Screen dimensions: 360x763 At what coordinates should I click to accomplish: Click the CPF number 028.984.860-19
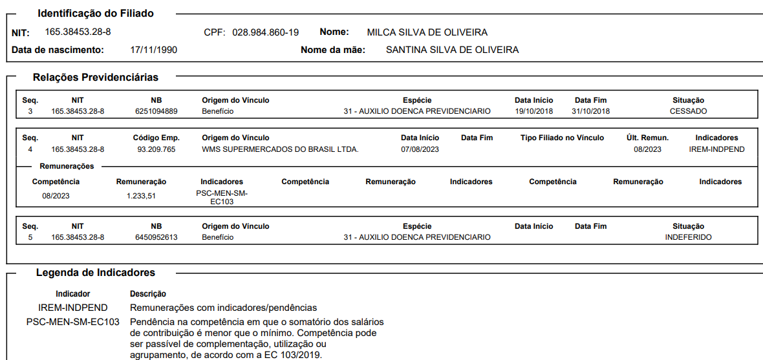click(265, 32)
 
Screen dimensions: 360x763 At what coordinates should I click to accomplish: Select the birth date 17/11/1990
click(154, 50)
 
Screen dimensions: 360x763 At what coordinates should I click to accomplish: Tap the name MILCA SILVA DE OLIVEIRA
click(427, 32)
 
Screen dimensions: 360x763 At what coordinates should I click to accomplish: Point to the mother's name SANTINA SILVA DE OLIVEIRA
click(452, 50)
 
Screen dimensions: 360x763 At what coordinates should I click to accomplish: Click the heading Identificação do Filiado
click(96, 14)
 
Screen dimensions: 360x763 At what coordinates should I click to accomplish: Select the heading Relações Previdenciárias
click(96, 78)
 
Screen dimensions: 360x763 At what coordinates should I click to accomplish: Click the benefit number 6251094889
click(156, 111)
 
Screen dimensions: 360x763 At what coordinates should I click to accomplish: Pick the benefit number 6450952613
click(156, 237)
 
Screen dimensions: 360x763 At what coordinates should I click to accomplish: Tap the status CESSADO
click(688, 111)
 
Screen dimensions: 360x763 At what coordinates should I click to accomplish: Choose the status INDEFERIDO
click(688, 237)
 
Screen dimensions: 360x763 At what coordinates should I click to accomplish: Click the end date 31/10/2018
click(590, 111)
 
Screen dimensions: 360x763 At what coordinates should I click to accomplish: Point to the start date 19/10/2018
click(534, 111)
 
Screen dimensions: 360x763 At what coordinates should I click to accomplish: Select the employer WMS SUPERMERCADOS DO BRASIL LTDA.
click(280, 149)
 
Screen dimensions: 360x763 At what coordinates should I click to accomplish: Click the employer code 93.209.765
click(156, 149)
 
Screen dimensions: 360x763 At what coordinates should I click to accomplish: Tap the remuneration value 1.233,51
click(141, 196)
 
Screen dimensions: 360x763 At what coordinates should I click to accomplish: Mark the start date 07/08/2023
click(420, 149)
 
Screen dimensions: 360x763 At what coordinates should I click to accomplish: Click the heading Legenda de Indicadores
click(95, 273)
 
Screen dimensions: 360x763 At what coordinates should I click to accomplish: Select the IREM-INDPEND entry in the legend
click(73, 308)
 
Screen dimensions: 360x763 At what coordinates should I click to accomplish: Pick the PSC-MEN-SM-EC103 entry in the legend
click(73, 322)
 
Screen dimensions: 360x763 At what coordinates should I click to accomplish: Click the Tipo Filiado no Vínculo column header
click(562, 138)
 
